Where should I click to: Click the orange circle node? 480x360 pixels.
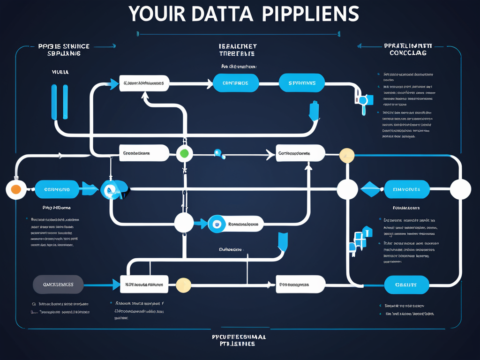(15, 189)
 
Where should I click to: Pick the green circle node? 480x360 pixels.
(184, 153)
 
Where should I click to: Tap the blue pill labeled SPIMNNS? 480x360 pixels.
(302, 83)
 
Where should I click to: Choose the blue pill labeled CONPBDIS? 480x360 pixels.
(236, 83)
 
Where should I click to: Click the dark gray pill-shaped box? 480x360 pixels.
(58, 284)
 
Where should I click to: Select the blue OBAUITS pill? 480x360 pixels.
(406, 285)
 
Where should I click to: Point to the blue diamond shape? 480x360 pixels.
(373, 189)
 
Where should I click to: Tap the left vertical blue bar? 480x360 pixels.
(54, 102)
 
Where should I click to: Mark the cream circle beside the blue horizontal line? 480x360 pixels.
(347, 155)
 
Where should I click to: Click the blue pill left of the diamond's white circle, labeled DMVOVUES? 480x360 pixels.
(406, 189)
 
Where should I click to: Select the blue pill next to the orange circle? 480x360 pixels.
(57, 189)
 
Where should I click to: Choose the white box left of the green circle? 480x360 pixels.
(144, 153)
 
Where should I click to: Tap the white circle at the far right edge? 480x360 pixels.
(460, 189)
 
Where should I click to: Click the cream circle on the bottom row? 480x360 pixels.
(183, 285)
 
